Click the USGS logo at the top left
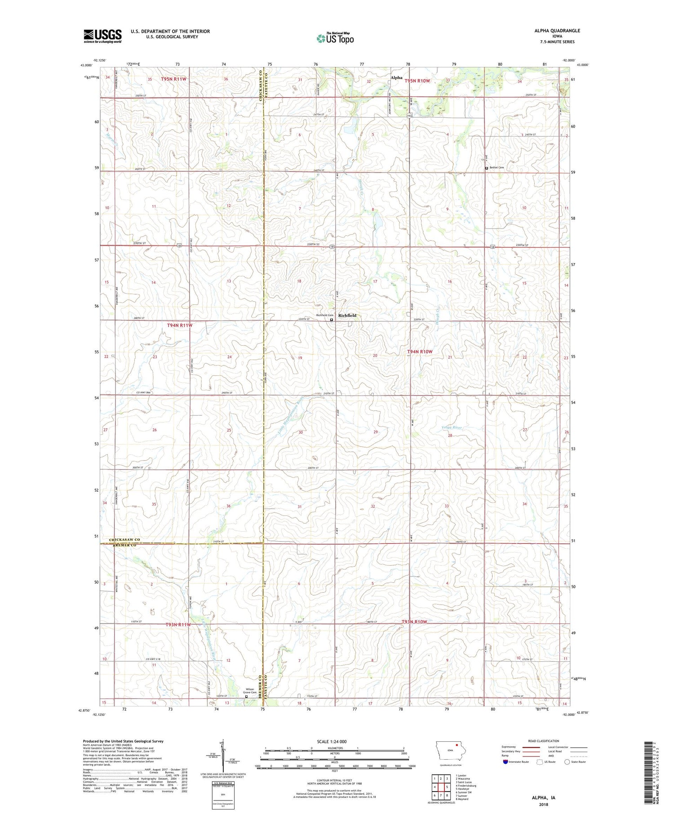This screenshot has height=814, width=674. coord(102,36)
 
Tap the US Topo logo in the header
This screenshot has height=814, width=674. coord(335,39)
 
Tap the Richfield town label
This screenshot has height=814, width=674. coord(347,315)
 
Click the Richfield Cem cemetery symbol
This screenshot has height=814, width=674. coord(332,320)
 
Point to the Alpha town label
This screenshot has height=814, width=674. coord(396,78)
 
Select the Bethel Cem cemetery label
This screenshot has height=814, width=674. coord(497,167)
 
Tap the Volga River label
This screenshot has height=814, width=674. coord(452,427)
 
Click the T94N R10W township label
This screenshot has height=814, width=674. coord(420,352)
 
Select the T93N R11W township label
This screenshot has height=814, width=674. coord(178,625)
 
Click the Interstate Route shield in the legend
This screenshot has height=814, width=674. coord(505,762)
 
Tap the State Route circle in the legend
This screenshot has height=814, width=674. coord(567,762)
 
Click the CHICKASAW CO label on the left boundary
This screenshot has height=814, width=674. coord(125,540)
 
